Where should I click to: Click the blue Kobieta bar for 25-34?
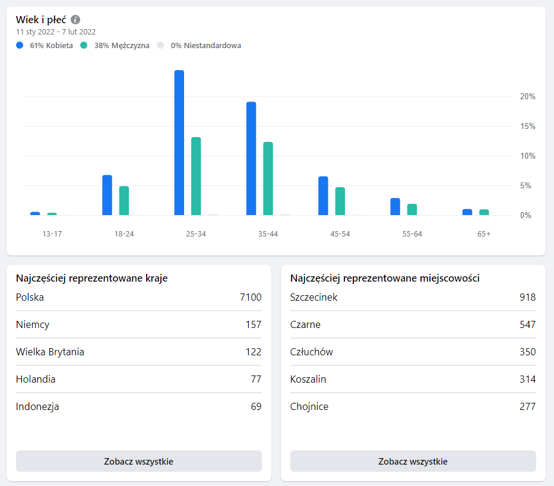pos(179,143)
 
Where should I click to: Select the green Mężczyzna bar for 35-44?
pos(268,178)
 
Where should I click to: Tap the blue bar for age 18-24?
pos(107,195)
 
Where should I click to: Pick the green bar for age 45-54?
pos(340,201)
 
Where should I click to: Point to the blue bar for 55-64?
pos(395,206)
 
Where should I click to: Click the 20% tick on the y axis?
pos(527,96)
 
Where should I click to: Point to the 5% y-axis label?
pos(525,185)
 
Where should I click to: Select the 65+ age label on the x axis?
pos(484,233)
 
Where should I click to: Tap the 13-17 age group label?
pos(52,233)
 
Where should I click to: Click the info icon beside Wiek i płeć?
pos(75,20)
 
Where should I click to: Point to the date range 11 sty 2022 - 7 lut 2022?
pos(56,32)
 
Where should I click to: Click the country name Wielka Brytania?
pos(50,352)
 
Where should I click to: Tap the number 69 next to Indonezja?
pos(256,406)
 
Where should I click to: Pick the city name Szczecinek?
pos(314,297)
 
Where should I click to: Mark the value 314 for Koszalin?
pos(527,379)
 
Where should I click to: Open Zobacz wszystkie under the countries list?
pos(138,461)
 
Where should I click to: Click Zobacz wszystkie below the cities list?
pos(413,461)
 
